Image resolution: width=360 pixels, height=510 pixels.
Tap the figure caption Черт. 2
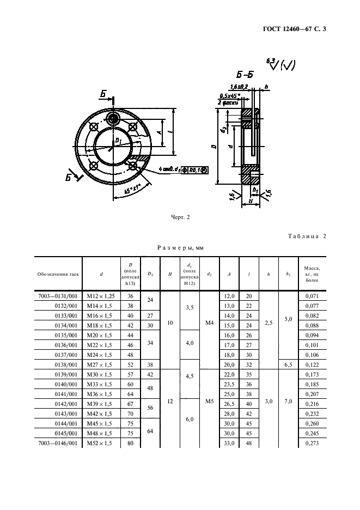180,216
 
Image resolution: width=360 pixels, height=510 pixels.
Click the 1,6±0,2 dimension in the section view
240,87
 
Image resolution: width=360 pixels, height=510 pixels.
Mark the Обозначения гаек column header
58,274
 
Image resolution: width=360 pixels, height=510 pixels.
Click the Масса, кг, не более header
312,274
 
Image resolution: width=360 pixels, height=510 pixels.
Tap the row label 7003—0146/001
59,444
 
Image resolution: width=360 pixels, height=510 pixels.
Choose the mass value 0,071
312,295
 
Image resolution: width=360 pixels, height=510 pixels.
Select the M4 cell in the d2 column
209,323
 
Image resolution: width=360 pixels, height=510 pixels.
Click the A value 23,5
229,384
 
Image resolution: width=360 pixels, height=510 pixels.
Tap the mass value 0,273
312,444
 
